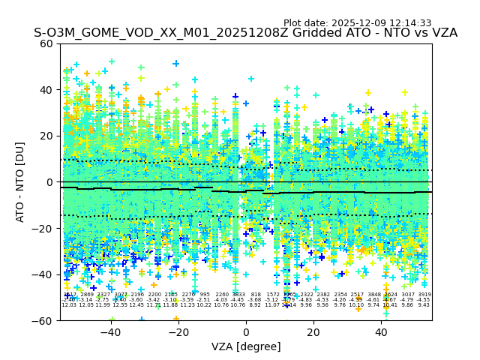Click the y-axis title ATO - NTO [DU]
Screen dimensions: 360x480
click(x=20, y=181)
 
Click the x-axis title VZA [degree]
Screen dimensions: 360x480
click(x=245, y=346)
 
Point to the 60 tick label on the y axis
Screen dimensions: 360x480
click(x=46, y=43)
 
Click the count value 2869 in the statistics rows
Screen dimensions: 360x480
click(x=87, y=295)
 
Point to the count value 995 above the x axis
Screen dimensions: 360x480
click(x=205, y=295)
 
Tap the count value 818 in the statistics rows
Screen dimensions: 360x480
click(x=256, y=295)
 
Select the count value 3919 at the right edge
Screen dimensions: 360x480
click(x=424, y=295)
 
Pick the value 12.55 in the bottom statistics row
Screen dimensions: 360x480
click(x=120, y=305)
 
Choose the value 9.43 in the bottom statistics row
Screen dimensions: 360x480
click(x=424, y=305)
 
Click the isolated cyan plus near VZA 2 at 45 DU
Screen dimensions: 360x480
click(x=251, y=79)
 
